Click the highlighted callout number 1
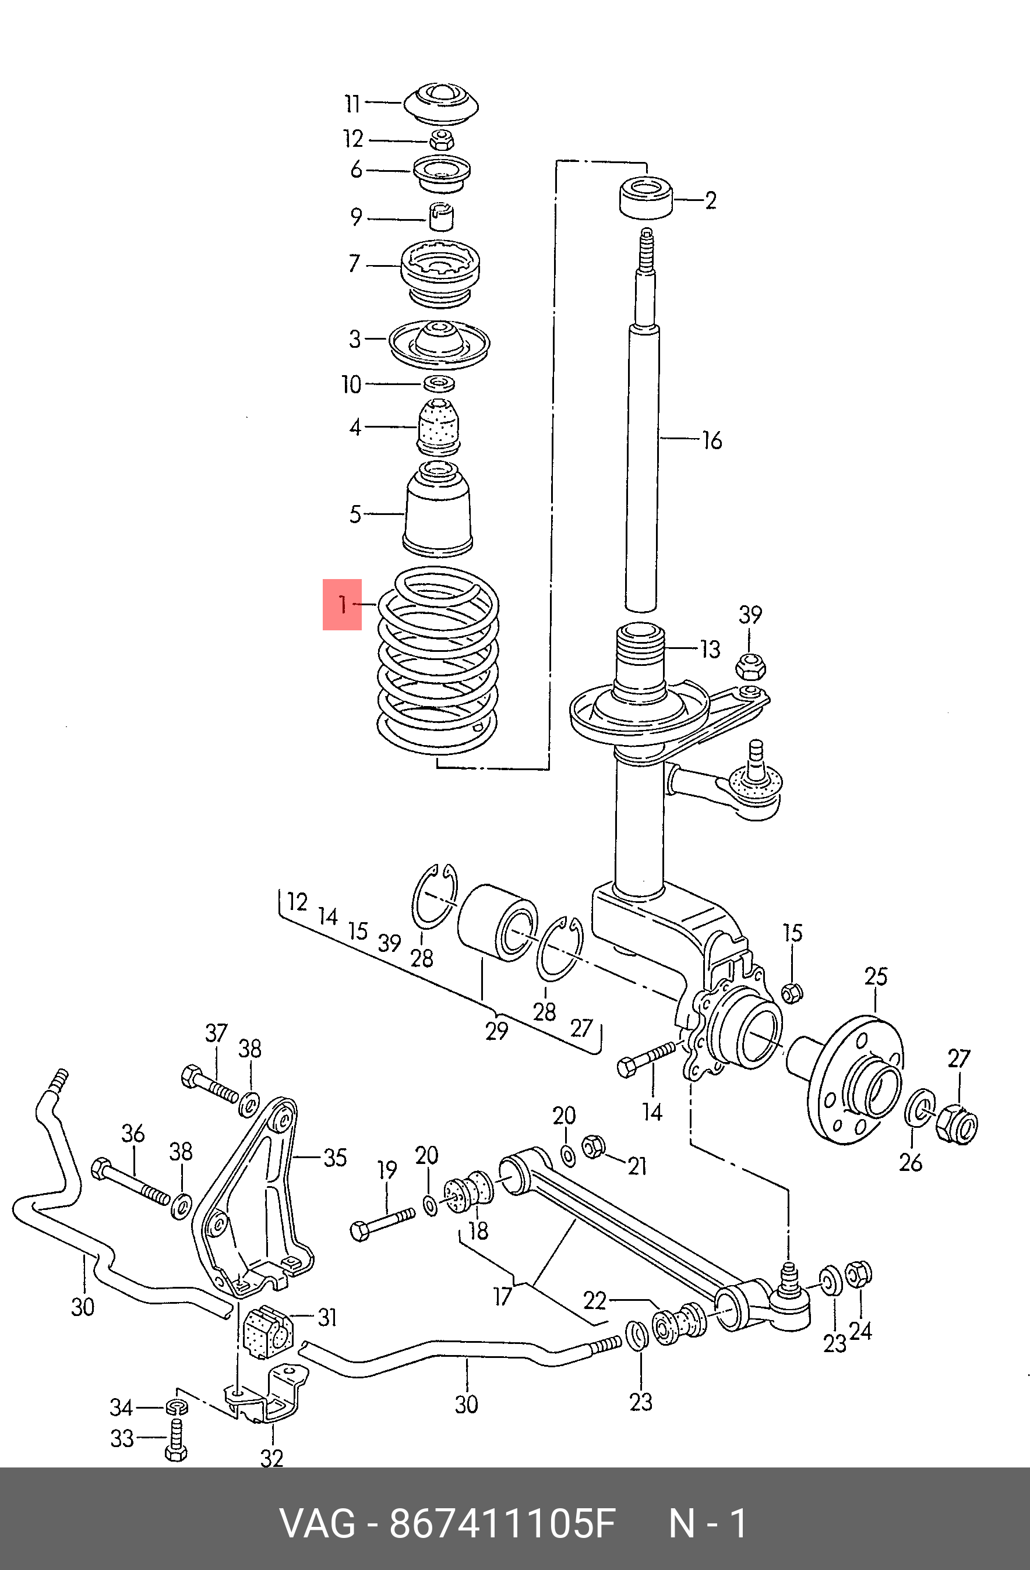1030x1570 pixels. point(342,604)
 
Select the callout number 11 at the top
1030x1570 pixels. point(352,104)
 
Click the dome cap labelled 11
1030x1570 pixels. point(441,104)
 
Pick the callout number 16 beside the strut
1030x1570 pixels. point(712,440)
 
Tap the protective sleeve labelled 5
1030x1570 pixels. point(438,509)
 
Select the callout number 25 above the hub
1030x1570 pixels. point(876,976)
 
